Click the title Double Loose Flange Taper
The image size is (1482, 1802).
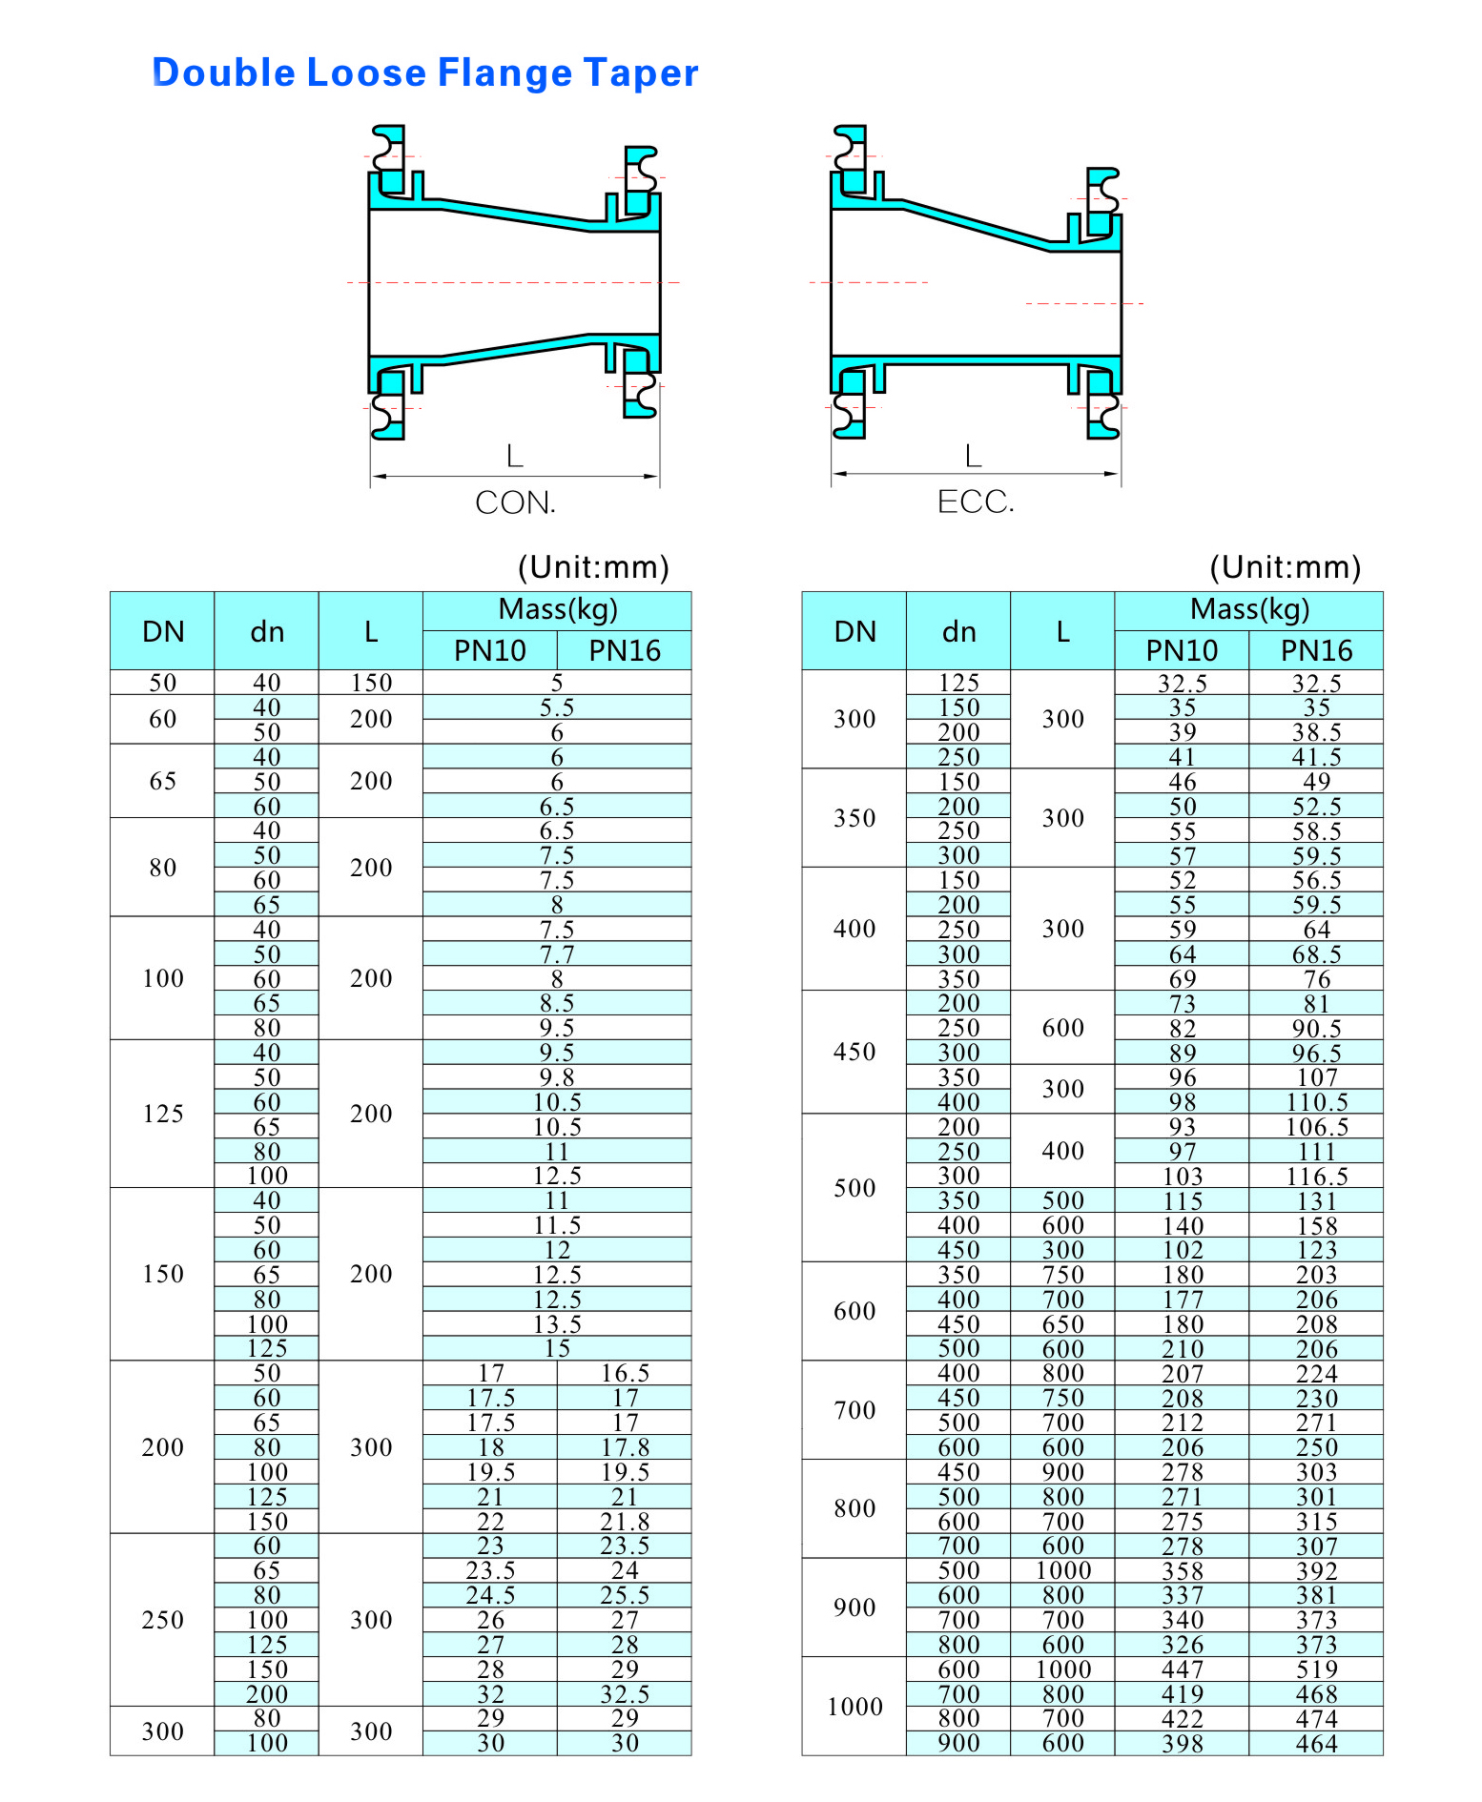click(425, 73)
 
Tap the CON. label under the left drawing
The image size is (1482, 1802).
click(515, 502)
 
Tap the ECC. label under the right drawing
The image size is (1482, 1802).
click(976, 502)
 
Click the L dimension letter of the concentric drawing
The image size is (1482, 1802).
click(515, 457)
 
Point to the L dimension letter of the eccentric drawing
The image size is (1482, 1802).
click(973, 456)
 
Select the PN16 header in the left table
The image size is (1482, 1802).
click(624, 650)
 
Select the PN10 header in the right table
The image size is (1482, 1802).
click(1181, 650)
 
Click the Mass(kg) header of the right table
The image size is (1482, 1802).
click(1249, 609)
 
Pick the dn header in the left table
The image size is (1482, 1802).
click(267, 631)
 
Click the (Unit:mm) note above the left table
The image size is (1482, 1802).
click(593, 567)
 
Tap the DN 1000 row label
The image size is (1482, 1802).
click(854, 1707)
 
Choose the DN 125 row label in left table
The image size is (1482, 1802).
click(163, 1114)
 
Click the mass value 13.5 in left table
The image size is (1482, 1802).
click(557, 1324)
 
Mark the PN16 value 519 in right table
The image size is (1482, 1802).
click(1316, 1669)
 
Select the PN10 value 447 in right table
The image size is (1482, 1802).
click(1182, 1669)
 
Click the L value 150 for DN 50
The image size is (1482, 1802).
click(371, 683)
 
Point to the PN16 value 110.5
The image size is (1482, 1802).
click(1316, 1102)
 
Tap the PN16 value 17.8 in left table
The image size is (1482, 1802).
click(625, 1447)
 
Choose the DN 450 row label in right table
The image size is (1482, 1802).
click(854, 1052)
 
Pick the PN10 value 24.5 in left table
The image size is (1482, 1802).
click(490, 1595)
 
